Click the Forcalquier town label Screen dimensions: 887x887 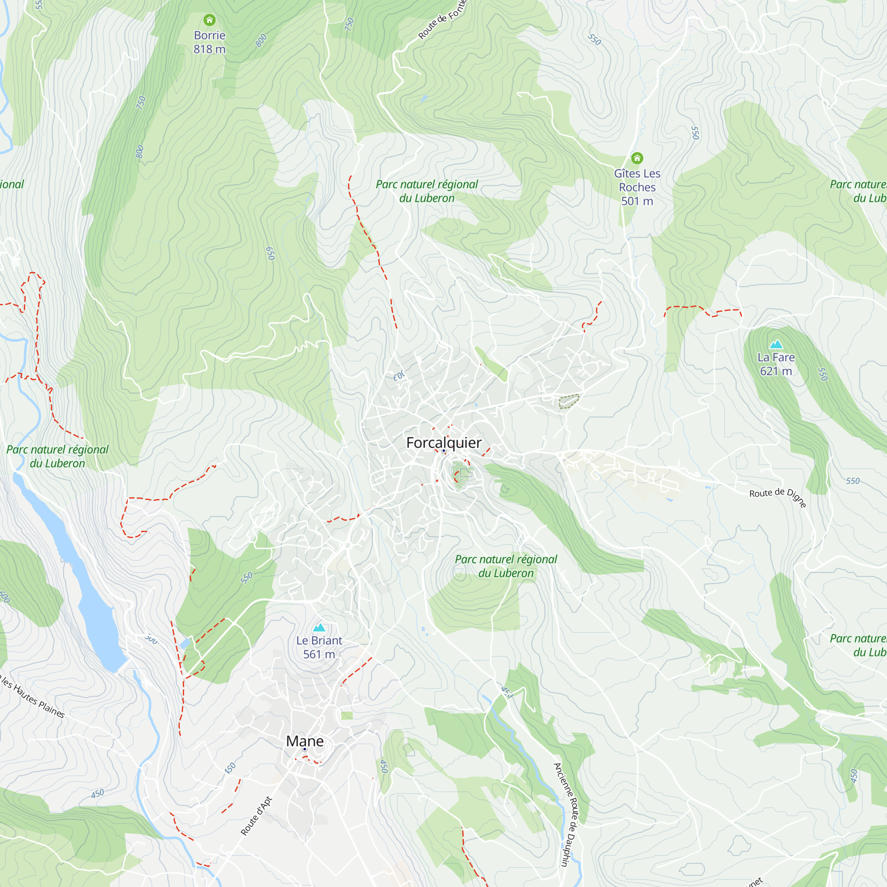[x=443, y=443]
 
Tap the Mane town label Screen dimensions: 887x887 [x=305, y=741]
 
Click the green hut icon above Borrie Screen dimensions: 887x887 [x=209, y=20]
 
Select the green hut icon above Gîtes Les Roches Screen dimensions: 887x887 [x=637, y=158]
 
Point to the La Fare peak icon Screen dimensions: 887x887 [x=776, y=344]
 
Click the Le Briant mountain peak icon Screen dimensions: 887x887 [x=319, y=627]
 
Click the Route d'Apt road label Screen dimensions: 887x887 [x=256, y=816]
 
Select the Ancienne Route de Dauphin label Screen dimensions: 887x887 [x=568, y=814]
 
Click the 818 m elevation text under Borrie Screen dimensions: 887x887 [x=209, y=49]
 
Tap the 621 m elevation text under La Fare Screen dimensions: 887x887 [x=776, y=371]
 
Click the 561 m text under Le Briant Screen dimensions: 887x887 [x=319, y=654]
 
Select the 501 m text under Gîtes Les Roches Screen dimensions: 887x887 [x=637, y=201]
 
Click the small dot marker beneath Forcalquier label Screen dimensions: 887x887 [x=443, y=451]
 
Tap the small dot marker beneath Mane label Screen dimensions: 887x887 [x=304, y=749]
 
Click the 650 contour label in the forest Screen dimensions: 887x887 [x=271, y=253]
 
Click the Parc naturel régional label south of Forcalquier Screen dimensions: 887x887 [x=506, y=566]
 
